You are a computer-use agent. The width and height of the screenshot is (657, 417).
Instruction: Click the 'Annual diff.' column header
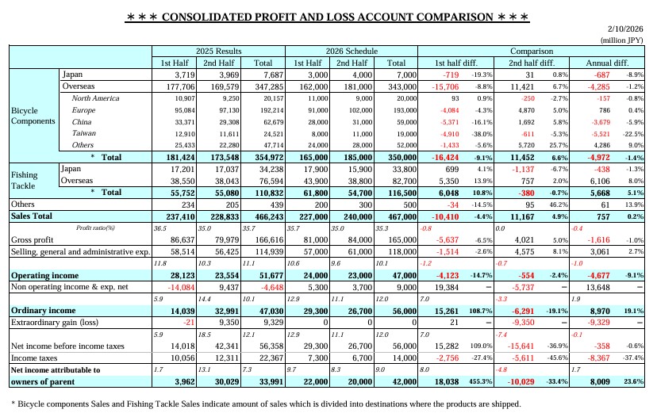point(606,63)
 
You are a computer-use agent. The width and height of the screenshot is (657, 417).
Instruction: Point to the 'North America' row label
point(95,98)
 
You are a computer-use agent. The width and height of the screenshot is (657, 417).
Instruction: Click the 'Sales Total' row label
point(32,216)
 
